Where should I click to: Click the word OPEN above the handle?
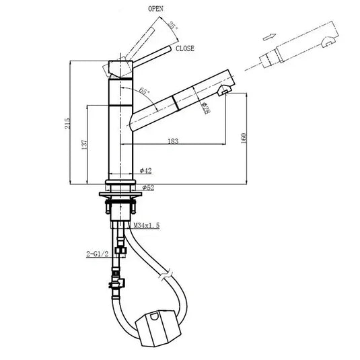click(x=156, y=9)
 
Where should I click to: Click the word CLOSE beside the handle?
click(x=186, y=48)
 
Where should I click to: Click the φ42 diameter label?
click(x=147, y=172)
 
